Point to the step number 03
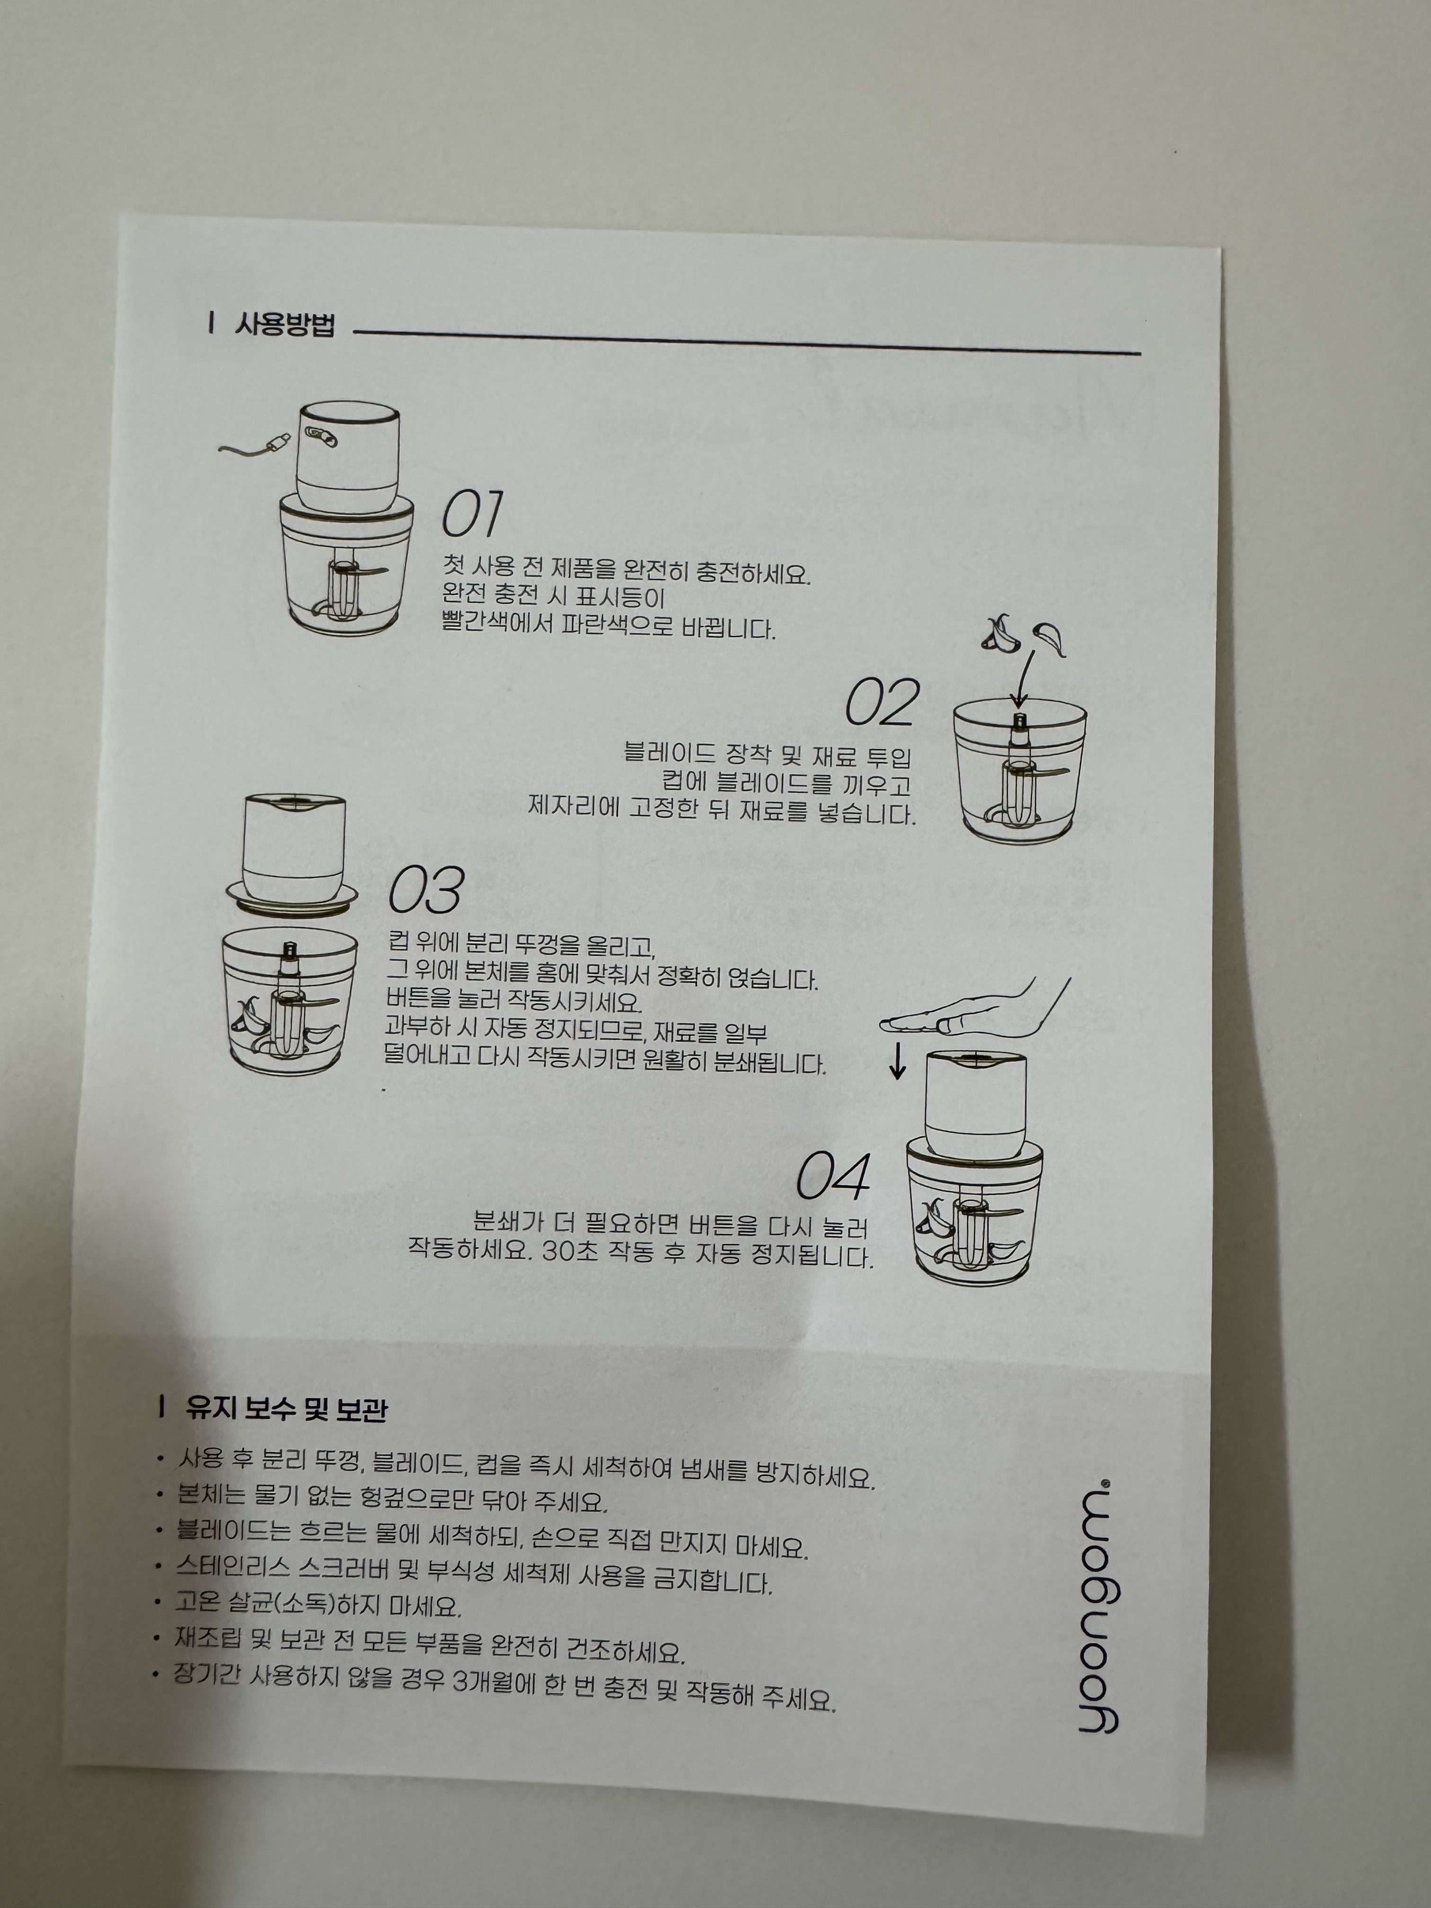click(x=426, y=890)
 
